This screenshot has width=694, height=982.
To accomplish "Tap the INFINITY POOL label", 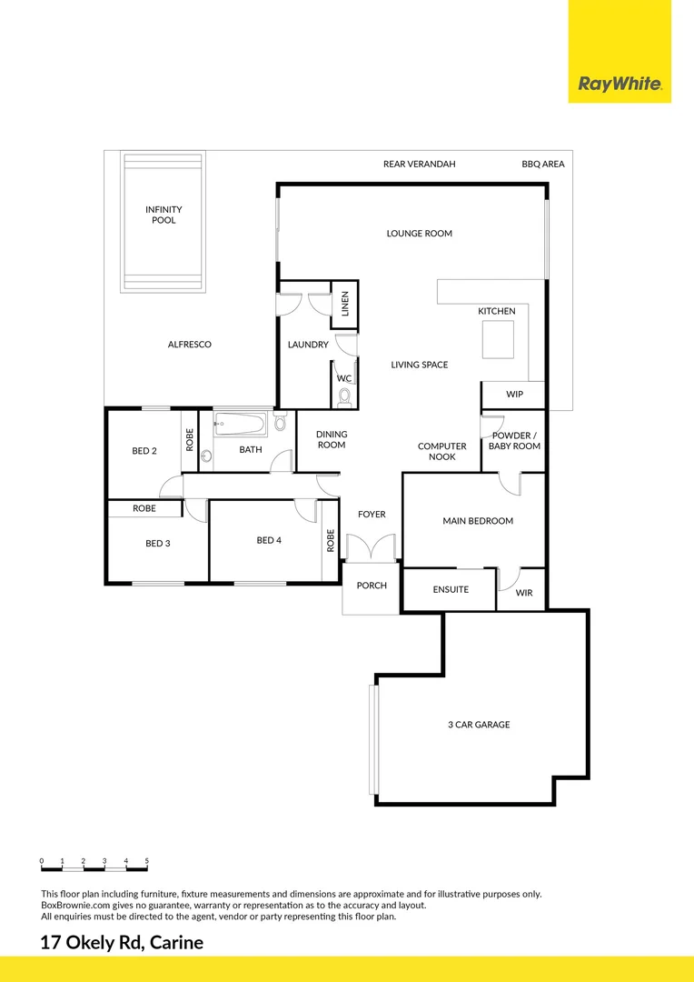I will pyautogui.click(x=164, y=215).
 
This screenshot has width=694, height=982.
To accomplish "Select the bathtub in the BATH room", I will pyautogui.click(x=241, y=425).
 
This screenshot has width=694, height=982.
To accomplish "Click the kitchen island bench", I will pyautogui.click(x=497, y=341).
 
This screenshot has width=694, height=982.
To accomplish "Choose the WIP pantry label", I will pyautogui.click(x=514, y=395).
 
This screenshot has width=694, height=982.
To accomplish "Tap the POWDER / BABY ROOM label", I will pyautogui.click(x=514, y=441).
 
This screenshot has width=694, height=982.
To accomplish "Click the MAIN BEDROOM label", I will pyautogui.click(x=478, y=521).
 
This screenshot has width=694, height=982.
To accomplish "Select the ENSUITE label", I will pyautogui.click(x=451, y=589).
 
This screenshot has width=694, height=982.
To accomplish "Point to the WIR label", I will pyautogui.click(x=523, y=593).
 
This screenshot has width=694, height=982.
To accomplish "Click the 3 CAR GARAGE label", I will pyautogui.click(x=479, y=725).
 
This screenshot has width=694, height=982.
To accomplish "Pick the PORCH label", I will pyautogui.click(x=372, y=586).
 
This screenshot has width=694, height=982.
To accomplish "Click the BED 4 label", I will pyautogui.click(x=269, y=540).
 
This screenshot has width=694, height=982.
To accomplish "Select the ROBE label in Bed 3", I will pyautogui.click(x=144, y=509).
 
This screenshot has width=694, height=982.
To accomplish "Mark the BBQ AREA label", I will pyautogui.click(x=543, y=165).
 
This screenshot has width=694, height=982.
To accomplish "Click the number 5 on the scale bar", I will pyautogui.click(x=146, y=860).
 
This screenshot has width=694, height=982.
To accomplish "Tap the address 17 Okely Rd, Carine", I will pyautogui.click(x=122, y=943).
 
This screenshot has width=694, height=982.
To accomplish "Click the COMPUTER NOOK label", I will pyautogui.click(x=442, y=451).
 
